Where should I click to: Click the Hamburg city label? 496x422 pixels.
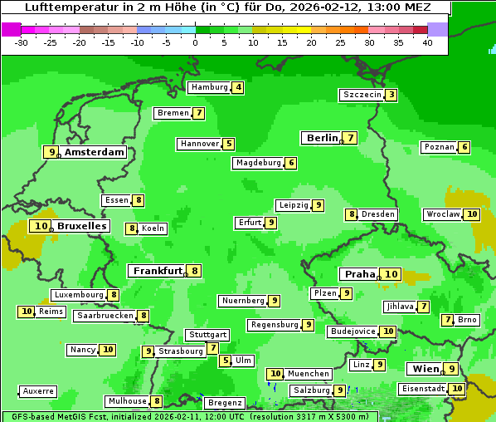[208, 87]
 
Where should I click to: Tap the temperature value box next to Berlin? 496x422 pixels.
[351, 138]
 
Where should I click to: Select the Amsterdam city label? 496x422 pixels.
[95, 152]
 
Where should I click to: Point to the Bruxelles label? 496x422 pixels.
[82, 226]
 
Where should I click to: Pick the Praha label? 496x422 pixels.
[360, 274]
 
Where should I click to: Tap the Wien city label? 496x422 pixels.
[424, 369]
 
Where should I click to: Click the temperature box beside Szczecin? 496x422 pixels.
[391, 95]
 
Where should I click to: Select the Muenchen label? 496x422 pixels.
[308, 374]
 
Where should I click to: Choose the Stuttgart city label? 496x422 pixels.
[207, 335]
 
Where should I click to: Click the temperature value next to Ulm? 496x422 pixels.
[226, 361]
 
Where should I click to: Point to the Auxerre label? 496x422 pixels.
[38, 391]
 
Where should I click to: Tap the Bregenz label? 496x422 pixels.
[224, 403]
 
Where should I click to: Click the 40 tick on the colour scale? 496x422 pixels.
[427, 42]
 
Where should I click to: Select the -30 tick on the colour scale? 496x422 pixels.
[22, 42]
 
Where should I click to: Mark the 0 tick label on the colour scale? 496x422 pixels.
[195, 42]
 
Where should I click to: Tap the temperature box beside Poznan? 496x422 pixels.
[464, 148]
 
